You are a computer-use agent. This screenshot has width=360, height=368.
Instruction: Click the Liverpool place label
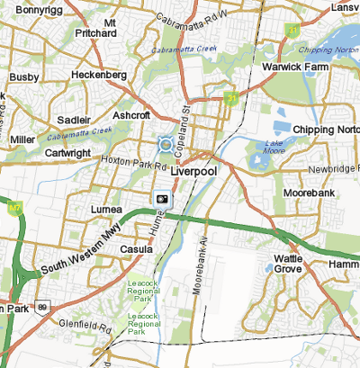(x=194, y=170)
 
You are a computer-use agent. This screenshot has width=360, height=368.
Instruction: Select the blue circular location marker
(x=165, y=144)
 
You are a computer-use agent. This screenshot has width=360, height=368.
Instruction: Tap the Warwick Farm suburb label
(x=292, y=67)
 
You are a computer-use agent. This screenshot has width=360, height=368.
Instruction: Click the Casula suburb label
(x=138, y=248)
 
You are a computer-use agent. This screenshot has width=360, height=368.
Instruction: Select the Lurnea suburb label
(x=106, y=209)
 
